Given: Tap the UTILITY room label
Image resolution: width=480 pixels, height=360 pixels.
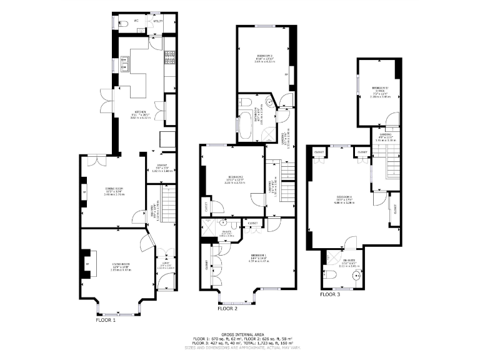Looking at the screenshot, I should pyautogui.click(x=158, y=21).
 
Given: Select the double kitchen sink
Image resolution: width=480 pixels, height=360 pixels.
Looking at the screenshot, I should pyautogui.click(x=124, y=64).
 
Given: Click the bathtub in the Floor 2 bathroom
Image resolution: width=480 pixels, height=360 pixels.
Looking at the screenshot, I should pyautogui.click(x=244, y=125).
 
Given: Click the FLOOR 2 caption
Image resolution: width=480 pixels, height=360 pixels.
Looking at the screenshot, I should pyautogui.click(x=227, y=309).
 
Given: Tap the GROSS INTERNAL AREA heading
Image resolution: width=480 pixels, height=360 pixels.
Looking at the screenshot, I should pyautogui.click(x=239, y=335).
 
